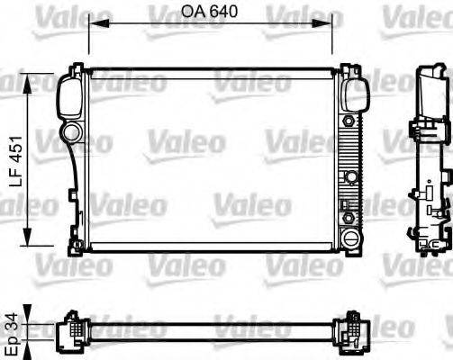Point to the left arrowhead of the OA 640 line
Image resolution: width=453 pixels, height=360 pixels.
(91, 28)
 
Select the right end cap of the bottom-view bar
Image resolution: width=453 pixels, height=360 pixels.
(352, 330)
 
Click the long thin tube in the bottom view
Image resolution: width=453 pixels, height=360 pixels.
(211, 330)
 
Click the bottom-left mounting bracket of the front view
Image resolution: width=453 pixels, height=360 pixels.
(73, 241)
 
